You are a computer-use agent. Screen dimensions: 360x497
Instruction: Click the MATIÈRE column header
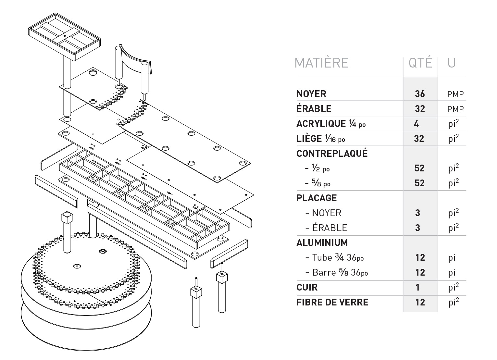(321, 63)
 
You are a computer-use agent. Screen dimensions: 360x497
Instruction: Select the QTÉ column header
(420, 63)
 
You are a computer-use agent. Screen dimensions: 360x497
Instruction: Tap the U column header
(452, 63)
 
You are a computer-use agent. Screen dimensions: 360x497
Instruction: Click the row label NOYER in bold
(311, 94)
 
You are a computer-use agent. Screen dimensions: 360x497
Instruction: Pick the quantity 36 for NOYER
(420, 94)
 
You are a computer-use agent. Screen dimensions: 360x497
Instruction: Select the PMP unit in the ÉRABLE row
(455, 109)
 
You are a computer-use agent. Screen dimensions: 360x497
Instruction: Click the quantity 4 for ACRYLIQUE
(416, 124)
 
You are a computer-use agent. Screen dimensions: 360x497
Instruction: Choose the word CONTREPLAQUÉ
(332, 154)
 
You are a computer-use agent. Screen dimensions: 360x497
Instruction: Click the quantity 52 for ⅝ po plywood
(419, 183)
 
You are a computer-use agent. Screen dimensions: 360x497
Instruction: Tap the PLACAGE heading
(317, 198)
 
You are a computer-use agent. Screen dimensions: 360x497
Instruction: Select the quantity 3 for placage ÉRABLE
(417, 228)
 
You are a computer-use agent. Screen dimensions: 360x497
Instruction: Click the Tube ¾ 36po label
(338, 257)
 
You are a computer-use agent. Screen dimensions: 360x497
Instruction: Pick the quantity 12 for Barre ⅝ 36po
(420, 272)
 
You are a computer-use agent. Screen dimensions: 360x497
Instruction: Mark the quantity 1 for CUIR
(417, 287)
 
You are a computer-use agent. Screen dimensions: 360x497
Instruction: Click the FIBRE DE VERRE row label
(332, 302)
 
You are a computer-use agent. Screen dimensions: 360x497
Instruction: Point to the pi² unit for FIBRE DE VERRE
(454, 302)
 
